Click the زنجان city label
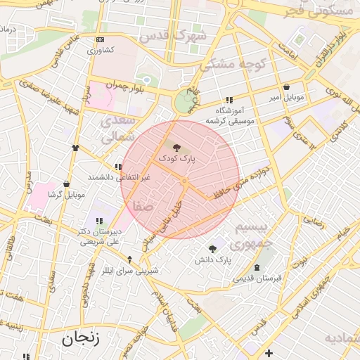click(x=80, y=337)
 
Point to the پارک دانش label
click(x=213, y=260)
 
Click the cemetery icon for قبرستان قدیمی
click(x=257, y=267)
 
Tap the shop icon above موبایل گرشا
click(x=66, y=183)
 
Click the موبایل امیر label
click(x=285, y=98)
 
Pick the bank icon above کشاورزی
click(x=100, y=39)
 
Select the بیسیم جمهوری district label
click(x=250, y=236)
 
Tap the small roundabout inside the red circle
click(x=184, y=182)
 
